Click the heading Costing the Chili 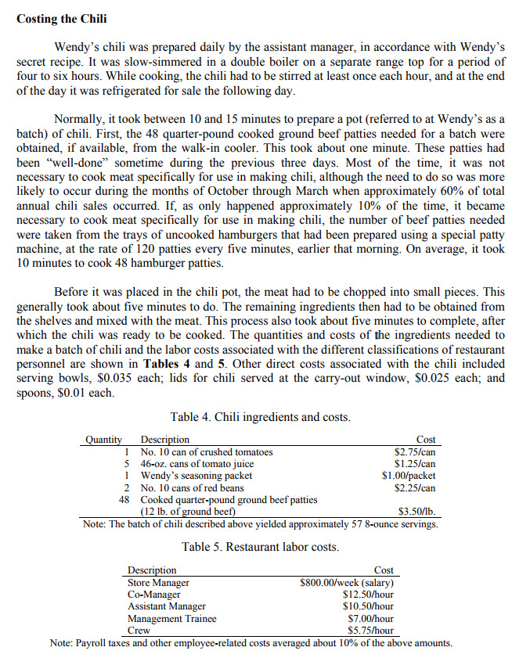point(62,18)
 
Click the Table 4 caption point(260,417)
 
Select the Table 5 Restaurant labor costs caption point(260,546)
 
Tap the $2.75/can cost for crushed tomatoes point(415,452)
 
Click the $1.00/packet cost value point(409,476)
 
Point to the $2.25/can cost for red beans point(415,487)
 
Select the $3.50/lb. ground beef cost point(416,512)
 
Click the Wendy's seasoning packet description point(196,476)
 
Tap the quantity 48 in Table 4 point(124,499)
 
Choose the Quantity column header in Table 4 point(103,440)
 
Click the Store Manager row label point(158,582)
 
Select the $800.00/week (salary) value point(347,582)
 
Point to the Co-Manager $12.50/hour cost point(368,594)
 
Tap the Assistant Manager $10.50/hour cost point(368,606)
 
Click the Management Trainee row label point(172,618)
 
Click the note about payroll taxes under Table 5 point(251,643)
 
